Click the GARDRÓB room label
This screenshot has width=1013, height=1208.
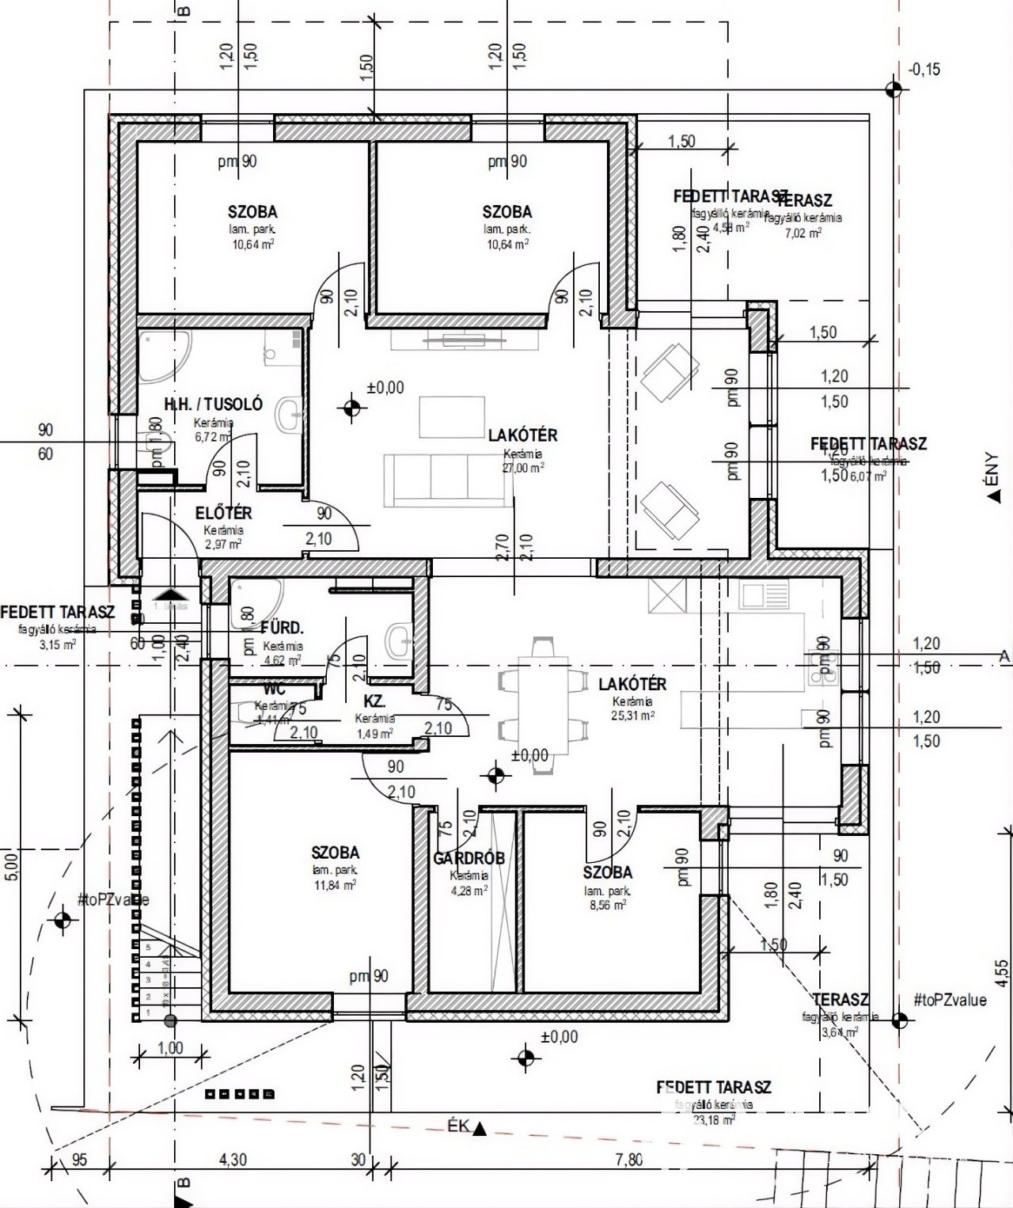tap(469, 858)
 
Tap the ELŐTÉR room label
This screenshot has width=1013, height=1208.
tap(223, 513)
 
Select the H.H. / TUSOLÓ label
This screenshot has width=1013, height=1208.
tap(213, 404)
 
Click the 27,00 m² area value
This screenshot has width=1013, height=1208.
tap(523, 468)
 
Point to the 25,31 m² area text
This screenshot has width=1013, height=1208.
tap(633, 715)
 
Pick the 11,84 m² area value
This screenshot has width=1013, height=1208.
tap(335, 885)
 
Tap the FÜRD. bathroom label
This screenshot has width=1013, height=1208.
tap(283, 629)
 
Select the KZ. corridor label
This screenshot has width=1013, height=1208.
tap(374, 701)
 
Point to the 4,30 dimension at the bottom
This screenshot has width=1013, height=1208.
tap(231, 1161)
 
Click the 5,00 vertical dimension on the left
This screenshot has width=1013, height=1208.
tap(9, 866)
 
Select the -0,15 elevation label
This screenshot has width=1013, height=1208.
tap(924, 70)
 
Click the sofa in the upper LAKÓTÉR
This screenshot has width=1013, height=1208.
tap(447, 480)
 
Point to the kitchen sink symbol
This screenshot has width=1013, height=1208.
tap(765, 591)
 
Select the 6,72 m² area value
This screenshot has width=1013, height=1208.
tap(212, 436)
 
